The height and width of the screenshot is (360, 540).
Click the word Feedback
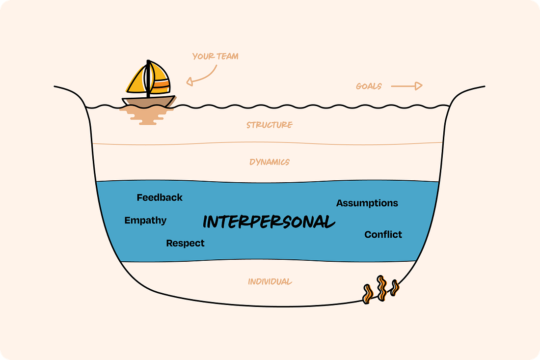160,197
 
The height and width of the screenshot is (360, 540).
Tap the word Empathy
145,221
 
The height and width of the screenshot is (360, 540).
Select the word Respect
185,243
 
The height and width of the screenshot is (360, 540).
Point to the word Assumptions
367,203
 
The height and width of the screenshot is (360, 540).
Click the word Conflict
383,235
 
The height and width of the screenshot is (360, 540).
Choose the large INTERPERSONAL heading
269,222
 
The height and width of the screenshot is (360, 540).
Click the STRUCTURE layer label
270,125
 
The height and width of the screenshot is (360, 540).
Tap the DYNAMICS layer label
269,162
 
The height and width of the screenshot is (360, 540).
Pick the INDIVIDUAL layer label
270,282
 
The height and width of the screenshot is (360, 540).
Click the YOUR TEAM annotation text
215,56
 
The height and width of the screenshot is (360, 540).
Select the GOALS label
369,86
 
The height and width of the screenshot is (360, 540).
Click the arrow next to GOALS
407,86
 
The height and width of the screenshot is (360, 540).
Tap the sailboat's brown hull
147,101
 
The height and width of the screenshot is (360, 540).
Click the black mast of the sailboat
148,79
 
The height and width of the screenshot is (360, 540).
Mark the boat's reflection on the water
147,116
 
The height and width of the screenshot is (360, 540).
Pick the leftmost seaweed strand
368,293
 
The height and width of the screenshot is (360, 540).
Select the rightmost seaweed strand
394,289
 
